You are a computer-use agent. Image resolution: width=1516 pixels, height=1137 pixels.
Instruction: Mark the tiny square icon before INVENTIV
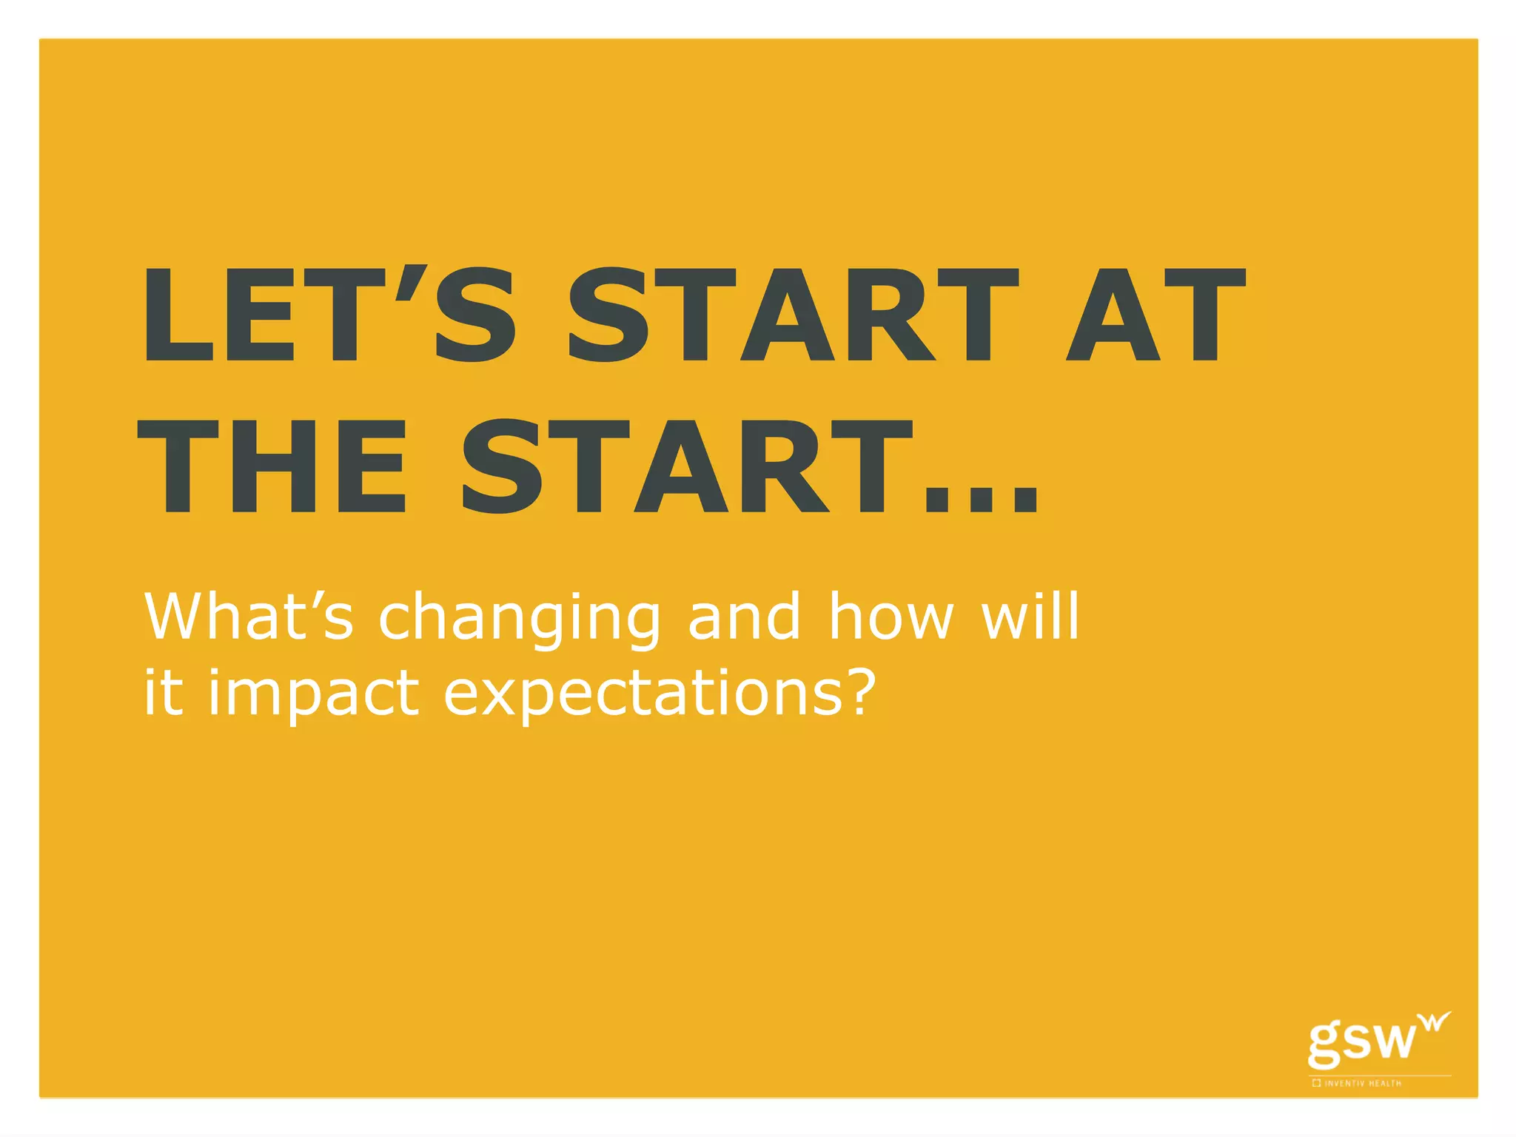click(x=1316, y=1084)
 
